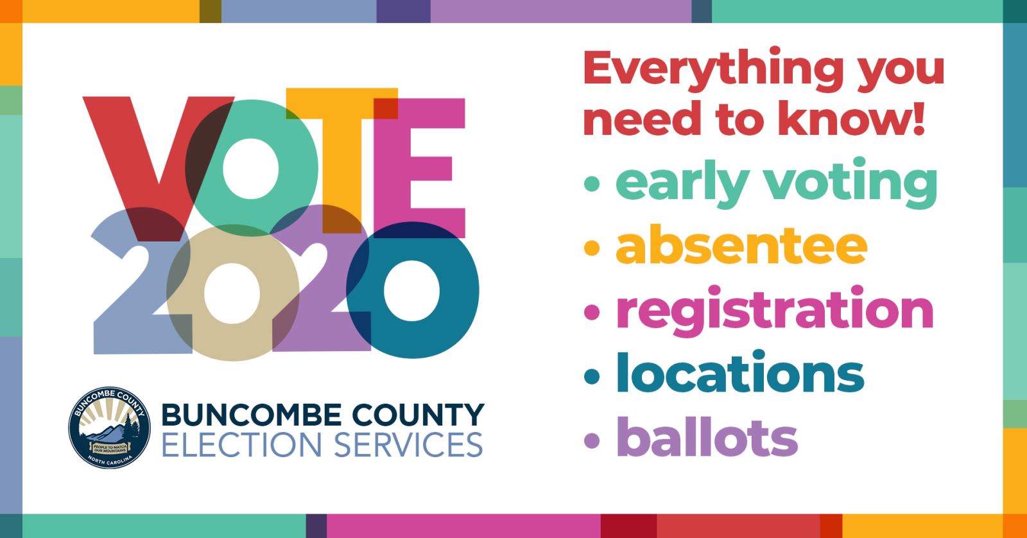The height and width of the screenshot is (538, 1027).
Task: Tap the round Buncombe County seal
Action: [109, 428]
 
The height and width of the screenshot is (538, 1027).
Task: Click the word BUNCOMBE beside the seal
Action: [251, 415]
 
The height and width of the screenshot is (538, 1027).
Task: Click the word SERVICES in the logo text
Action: [408, 445]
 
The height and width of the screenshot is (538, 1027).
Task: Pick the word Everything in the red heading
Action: [713, 71]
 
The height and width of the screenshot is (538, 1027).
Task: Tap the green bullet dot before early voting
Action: [592, 184]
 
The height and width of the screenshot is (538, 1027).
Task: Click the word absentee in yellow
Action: [741, 245]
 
